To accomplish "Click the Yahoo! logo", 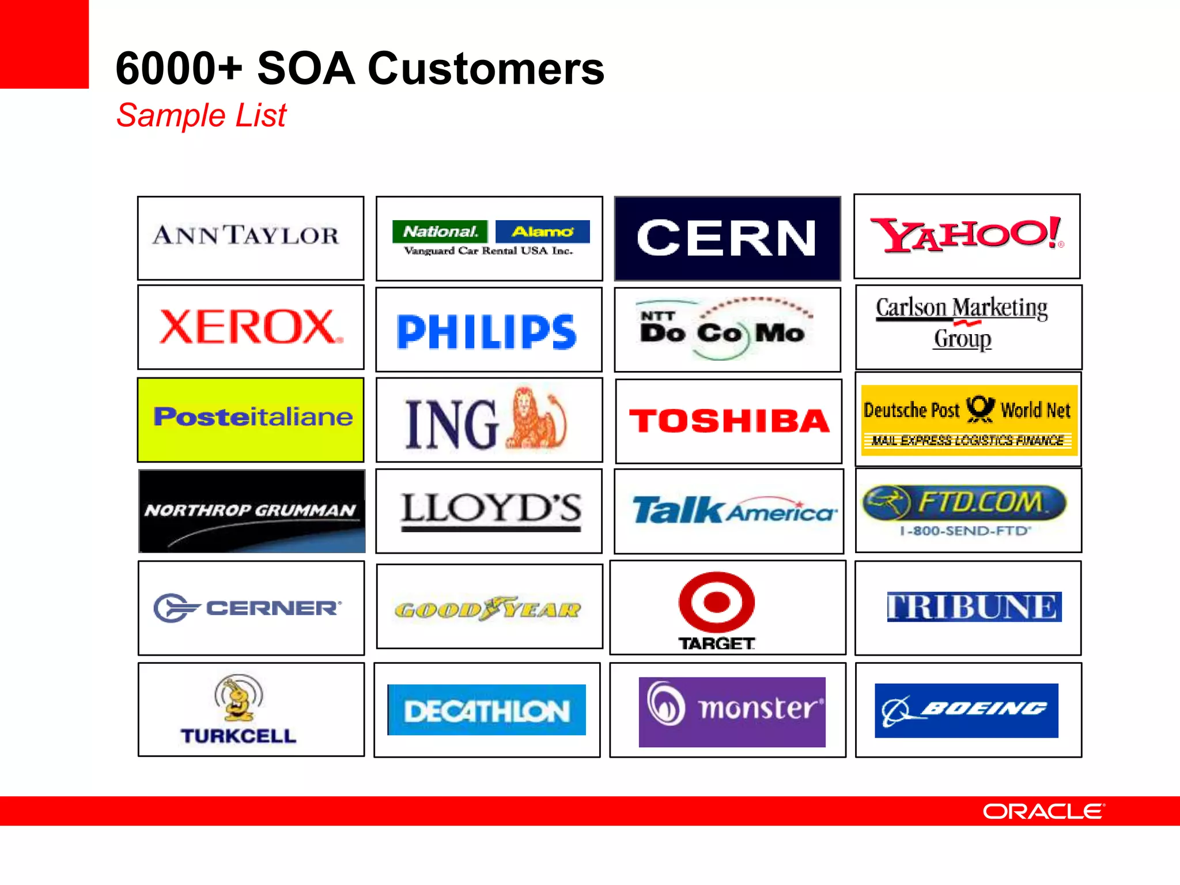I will [x=966, y=235].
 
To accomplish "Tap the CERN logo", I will [x=727, y=238].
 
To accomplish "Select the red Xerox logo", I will [x=251, y=327].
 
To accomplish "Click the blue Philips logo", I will [x=487, y=332].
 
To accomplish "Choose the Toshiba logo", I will [x=729, y=421].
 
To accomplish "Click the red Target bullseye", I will [x=716, y=602].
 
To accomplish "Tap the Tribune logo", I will [x=974, y=607].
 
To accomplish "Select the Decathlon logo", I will [x=487, y=710].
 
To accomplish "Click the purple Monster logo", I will [x=732, y=711].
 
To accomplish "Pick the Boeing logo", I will [x=966, y=710].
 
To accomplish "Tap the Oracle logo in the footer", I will [x=1043, y=811].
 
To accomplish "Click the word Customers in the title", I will [x=486, y=69].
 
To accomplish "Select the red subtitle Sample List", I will [x=201, y=115].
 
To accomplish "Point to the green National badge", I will [x=440, y=232].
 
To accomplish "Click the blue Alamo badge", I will [x=542, y=232].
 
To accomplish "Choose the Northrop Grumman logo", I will [x=252, y=511].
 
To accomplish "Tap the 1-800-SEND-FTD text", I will [x=965, y=531].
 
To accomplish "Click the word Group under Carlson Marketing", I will [x=963, y=339].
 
